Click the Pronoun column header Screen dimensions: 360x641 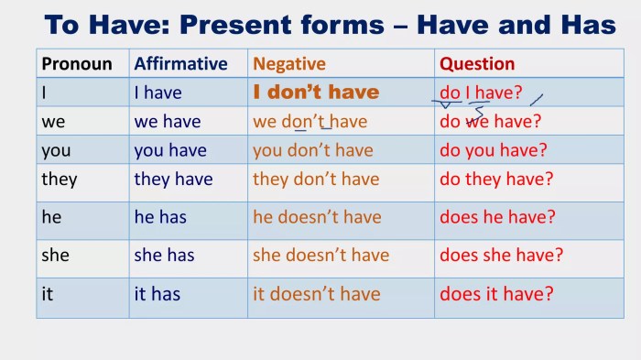pyautogui.click(x=77, y=64)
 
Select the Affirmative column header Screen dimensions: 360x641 pyautogui.click(x=180, y=64)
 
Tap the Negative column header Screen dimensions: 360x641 pyautogui.click(x=289, y=64)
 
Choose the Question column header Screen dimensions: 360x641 pyautogui.click(x=477, y=64)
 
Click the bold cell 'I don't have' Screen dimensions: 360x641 pyautogui.click(x=316, y=93)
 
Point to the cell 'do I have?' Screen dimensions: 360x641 pyautogui.click(x=481, y=93)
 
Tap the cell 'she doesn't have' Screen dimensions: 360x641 pyautogui.click(x=320, y=256)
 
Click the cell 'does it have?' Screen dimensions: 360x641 pyautogui.click(x=496, y=294)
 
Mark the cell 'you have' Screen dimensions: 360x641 pyautogui.click(x=170, y=150)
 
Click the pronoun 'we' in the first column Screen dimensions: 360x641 pyautogui.click(x=53, y=121)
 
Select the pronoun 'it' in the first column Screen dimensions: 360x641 pyautogui.click(x=47, y=294)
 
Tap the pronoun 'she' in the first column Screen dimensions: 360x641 pyautogui.click(x=55, y=256)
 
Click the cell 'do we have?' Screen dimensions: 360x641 pyautogui.click(x=491, y=121)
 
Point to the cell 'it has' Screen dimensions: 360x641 pyautogui.click(x=157, y=294)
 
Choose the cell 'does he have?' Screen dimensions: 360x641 pyautogui.click(x=497, y=217)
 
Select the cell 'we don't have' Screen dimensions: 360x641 pyautogui.click(x=310, y=121)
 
